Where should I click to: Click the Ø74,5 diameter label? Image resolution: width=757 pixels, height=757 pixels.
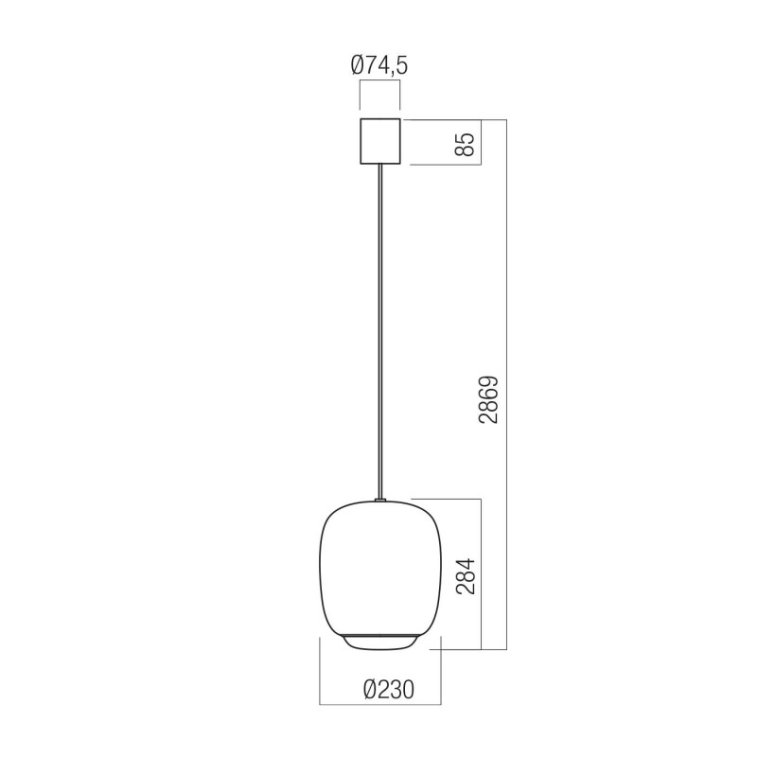pyautogui.click(x=378, y=65)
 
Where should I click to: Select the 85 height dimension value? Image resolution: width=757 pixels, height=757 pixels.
pyautogui.click(x=464, y=143)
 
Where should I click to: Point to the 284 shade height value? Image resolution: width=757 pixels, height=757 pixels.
pyautogui.click(x=464, y=574)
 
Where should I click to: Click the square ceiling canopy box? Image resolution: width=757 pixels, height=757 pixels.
pyautogui.click(x=379, y=142)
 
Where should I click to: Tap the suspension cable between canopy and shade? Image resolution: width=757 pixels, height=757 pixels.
pyautogui.click(x=379, y=331)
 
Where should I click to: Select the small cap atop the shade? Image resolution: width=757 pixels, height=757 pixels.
pyautogui.click(x=379, y=500)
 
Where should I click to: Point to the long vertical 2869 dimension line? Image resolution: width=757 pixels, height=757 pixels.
pyautogui.click(x=507, y=284)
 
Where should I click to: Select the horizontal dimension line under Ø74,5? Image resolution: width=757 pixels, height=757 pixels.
pyautogui.click(x=379, y=82)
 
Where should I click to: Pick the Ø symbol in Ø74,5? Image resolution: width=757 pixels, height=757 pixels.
pyautogui.click(x=359, y=65)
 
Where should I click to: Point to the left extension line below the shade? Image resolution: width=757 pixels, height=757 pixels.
pyautogui.click(x=320, y=672)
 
